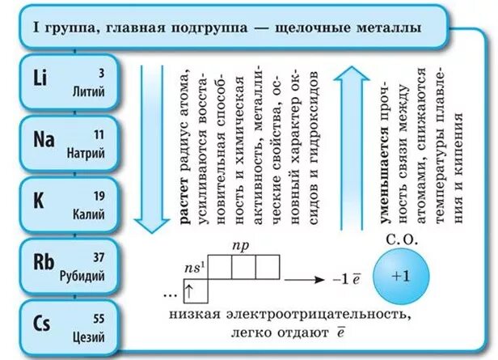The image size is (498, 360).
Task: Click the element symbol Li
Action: tap(40, 78)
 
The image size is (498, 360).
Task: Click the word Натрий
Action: tap(88, 151)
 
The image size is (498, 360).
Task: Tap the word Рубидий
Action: tap(82, 275)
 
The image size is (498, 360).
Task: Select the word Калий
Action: tap(89, 213)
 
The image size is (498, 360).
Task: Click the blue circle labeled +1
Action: tap(401, 275)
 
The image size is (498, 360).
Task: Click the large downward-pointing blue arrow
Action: tap(152, 146)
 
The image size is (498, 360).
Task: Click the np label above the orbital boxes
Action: tap(241, 242)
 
